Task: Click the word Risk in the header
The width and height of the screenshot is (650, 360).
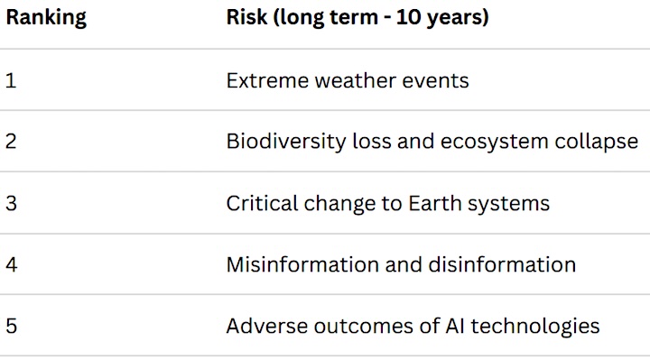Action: [x=246, y=17]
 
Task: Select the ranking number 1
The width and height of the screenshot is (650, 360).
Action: [x=10, y=80]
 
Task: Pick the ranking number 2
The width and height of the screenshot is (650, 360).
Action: [x=11, y=142]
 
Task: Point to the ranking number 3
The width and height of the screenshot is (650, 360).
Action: [x=11, y=203]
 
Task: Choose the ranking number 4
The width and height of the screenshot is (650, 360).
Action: [x=11, y=264]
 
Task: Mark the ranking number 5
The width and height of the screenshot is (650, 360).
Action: [x=11, y=326]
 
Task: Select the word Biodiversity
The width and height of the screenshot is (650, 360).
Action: [x=286, y=142]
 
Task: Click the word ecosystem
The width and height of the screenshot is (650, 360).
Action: [x=494, y=142]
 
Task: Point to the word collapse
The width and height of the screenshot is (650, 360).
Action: [x=596, y=142]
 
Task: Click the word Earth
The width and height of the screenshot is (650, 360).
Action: [x=435, y=203]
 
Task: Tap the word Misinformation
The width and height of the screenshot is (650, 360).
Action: [x=302, y=264]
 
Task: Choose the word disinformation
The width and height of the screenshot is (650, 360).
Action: [x=502, y=264]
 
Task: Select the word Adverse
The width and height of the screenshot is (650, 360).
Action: [x=267, y=326]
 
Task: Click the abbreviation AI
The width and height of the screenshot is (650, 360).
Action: [x=455, y=326]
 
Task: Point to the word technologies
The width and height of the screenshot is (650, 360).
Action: [x=535, y=327]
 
